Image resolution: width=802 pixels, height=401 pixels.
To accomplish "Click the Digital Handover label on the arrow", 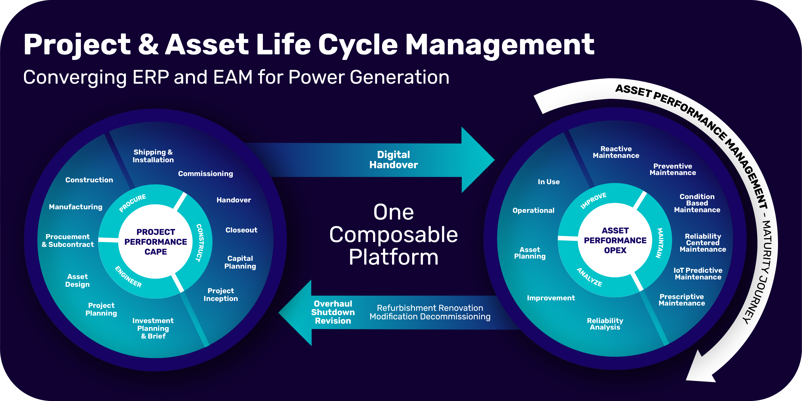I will pos(394,160).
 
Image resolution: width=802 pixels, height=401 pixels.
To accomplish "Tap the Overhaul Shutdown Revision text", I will pos(333,312).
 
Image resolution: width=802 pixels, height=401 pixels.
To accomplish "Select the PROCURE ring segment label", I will pos(133,203).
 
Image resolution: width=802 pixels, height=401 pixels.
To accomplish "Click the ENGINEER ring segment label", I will pos(128,277).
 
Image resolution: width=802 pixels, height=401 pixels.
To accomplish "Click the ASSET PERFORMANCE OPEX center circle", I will pos(615,240).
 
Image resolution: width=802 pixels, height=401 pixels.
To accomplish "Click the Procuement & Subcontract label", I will pos(68,241).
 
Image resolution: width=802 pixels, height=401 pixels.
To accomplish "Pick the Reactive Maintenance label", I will pos(616,152).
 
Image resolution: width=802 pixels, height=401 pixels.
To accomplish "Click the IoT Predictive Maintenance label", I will pos(698,274).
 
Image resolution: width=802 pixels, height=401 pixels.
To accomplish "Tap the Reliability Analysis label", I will pos(605,324).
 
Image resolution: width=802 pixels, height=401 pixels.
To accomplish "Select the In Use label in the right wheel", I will pos(549,182).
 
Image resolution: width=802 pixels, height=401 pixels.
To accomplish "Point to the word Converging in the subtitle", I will pos(75,77).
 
